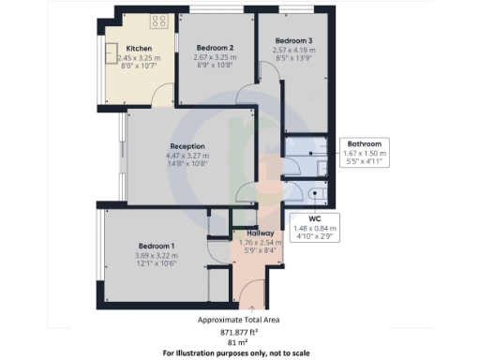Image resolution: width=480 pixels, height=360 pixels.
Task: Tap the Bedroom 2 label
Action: point(215,46)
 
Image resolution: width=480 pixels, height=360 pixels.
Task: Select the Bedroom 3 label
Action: point(293,40)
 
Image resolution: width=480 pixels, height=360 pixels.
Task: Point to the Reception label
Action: point(187,146)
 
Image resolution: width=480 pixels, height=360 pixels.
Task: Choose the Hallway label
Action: point(260,232)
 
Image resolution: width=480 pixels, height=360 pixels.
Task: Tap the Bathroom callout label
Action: point(363,143)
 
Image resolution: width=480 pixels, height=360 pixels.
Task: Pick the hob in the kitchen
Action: point(154,20)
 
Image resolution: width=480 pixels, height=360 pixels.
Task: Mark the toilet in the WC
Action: point(313,195)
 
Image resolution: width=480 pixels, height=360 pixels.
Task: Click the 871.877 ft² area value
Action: point(240,331)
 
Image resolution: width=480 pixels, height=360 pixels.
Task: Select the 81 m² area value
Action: point(240,342)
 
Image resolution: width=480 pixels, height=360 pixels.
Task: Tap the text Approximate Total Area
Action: point(240,320)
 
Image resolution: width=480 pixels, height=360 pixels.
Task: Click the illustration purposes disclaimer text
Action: point(240,353)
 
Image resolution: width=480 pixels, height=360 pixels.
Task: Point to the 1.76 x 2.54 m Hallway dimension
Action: point(260,242)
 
